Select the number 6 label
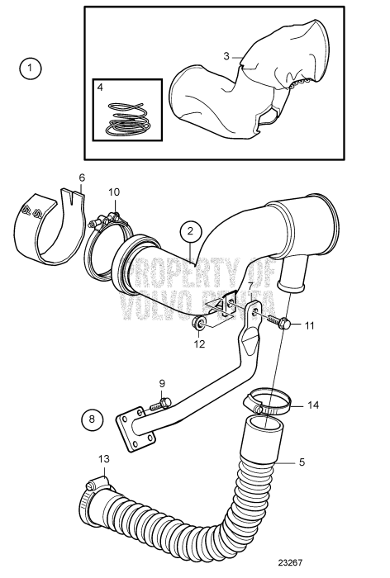(82, 178)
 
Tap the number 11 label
(308, 325)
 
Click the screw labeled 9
(162, 403)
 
